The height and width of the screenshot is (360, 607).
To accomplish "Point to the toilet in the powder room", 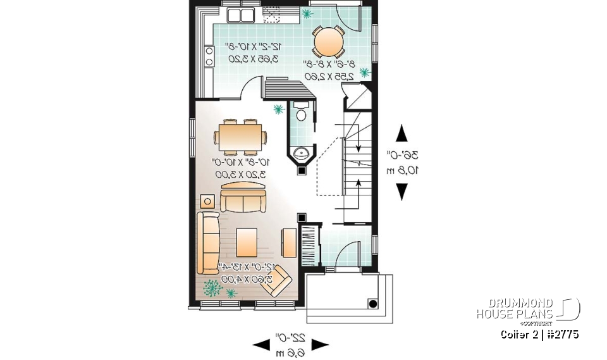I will (301, 115).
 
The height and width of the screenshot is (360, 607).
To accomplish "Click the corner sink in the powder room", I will (302, 152).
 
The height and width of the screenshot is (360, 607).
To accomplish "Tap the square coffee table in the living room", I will (247, 240).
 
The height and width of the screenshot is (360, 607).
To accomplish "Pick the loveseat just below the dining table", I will (243, 198).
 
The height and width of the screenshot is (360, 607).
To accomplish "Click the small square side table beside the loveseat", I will (207, 201).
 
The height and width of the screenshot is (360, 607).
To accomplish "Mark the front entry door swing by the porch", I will (347, 258).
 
